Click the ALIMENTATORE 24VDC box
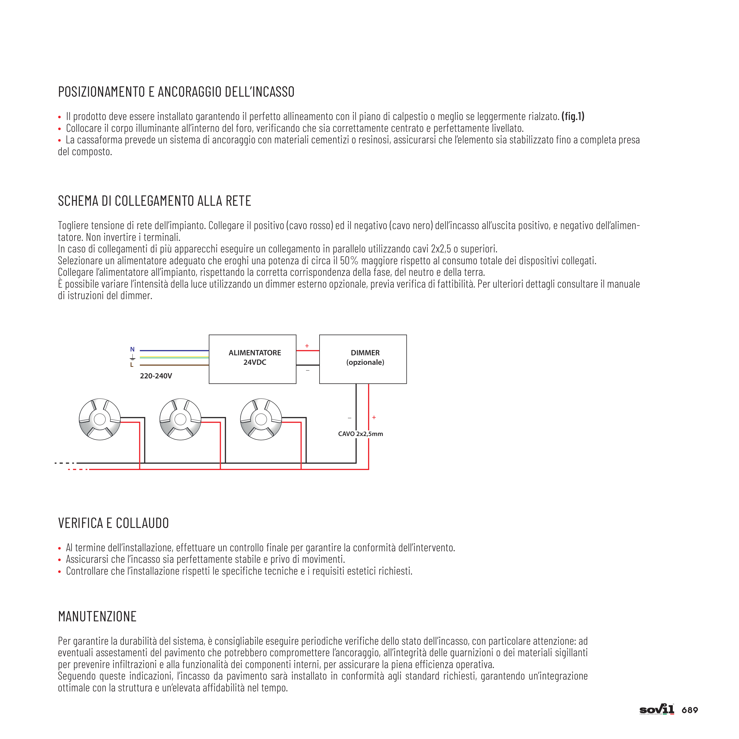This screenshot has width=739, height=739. click(x=252, y=359)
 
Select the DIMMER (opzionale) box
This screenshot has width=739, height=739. click(x=363, y=359)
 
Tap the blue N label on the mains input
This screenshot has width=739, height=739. click(x=132, y=349)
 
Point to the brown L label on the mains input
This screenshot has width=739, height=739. click(x=132, y=365)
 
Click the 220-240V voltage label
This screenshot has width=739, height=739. click(x=156, y=376)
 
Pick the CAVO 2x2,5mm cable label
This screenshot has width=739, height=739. click(x=360, y=434)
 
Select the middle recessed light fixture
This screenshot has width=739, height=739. click(x=180, y=419)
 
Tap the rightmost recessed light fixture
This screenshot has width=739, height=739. click(x=261, y=419)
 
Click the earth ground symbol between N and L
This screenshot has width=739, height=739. click(x=132, y=357)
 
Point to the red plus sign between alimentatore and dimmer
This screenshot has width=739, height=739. click(x=307, y=346)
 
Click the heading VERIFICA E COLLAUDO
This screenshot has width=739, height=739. click(x=113, y=523)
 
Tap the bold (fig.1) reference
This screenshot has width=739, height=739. click(x=573, y=116)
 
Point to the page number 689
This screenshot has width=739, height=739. click(x=690, y=710)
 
